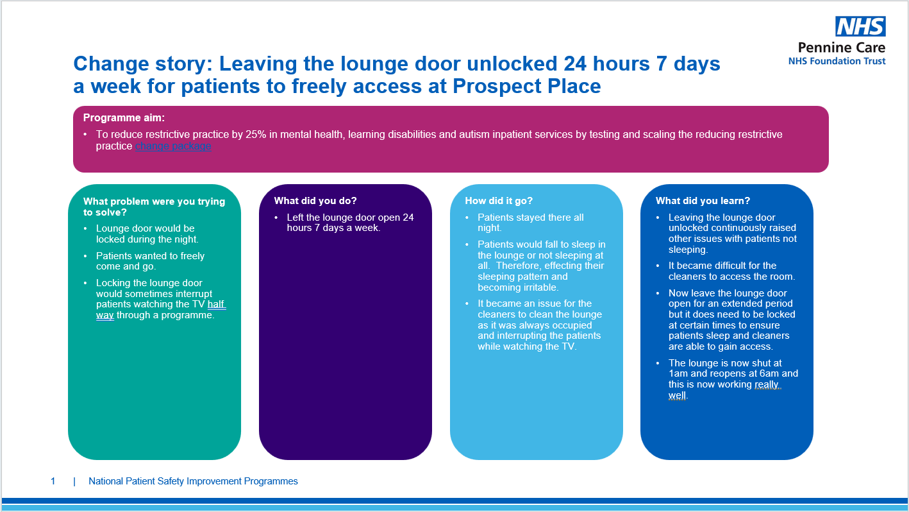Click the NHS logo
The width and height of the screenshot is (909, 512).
pyautogui.click(x=860, y=26)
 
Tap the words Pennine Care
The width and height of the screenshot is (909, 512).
pyautogui.click(x=842, y=47)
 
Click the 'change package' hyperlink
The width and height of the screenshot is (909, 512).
pyautogui.click(x=173, y=146)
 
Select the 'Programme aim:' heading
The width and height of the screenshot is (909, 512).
pyautogui.click(x=124, y=118)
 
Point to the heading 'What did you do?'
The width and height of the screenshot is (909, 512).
pyautogui.click(x=315, y=201)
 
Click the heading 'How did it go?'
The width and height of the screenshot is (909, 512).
pyautogui.click(x=499, y=201)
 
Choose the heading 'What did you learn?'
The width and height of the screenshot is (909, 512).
pyautogui.click(x=703, y=201)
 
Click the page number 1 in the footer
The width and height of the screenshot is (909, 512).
pyautogui.click(x=53, y=481)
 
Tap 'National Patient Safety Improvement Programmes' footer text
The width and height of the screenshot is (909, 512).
pyautogui.click(x=193, y=481)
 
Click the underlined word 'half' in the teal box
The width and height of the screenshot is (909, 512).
pyautogui.click(x=216, y=304)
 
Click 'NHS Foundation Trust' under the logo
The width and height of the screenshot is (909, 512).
pyautogui.click(x=837, y=62)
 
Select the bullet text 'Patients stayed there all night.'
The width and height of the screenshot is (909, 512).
pyautogui.click(x=531, y=223)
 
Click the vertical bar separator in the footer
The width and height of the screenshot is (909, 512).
pyautogui.click(x=74, y=482)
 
